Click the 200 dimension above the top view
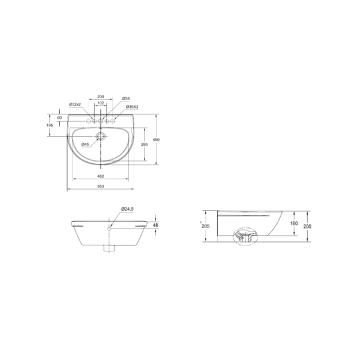point(101,97)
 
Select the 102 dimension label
point(101,103)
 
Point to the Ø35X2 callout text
point(131,107)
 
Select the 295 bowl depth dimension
point(143,145)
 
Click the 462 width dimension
point(101,176)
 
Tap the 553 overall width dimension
point(101,188)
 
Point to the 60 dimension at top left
point(59,118)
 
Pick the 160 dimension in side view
point(293,223)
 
